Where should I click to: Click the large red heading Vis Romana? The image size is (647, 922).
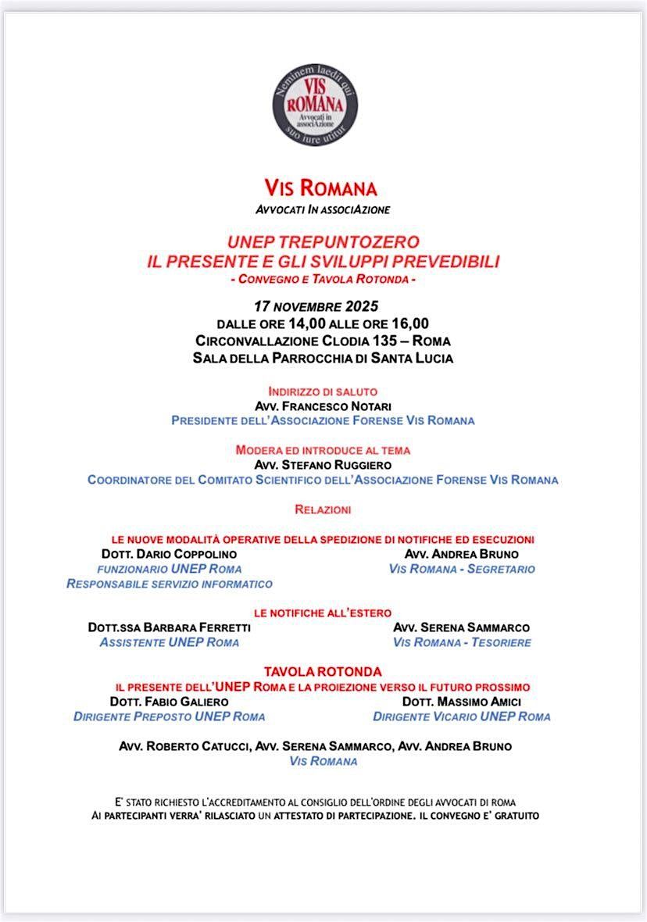click(x=320, y=188)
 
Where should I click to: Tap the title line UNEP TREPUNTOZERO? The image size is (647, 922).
click(x=323, y=242)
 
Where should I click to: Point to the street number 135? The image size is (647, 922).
click(x=391, y=341)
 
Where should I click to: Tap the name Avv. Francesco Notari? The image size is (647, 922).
click(x=323, y=406)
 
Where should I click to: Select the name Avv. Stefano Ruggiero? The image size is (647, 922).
click(x=323, y=465)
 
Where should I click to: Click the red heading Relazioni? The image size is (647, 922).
click(x=323, y=509)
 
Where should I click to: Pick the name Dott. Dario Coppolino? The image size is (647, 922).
click(x=169, y=554)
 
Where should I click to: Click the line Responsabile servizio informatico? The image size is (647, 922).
click(x=170, y=584)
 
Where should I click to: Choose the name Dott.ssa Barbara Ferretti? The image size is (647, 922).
click(x=170, y=627)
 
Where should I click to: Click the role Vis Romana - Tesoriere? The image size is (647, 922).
click(x=462, y=642)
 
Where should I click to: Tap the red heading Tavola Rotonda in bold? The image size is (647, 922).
click(x=323, y=672)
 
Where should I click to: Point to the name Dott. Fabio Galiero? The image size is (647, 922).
click(x=170, y=702)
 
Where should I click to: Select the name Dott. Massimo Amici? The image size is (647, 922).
click(x=462, y=702)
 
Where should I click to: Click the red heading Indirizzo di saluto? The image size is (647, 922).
click(x=323, y=391)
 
